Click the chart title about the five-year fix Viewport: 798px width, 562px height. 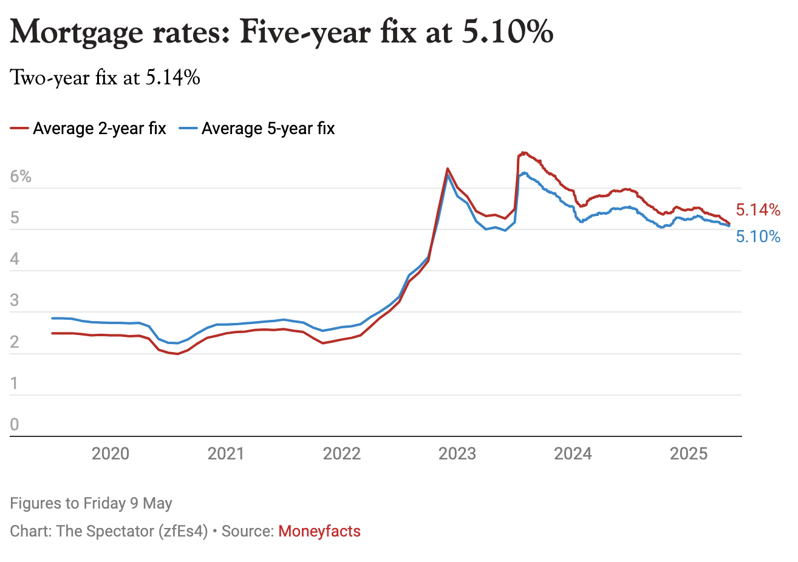(282, 32)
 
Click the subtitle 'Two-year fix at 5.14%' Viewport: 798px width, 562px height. (105, 78)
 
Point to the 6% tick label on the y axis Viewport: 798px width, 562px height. (21, 177)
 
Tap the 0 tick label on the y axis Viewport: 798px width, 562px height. (15, 425)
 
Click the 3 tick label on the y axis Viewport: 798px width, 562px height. (15, 301)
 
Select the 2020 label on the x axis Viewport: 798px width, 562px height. (111, 454)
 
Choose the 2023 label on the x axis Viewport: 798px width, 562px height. (457, 454)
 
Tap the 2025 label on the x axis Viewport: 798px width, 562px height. (689, 454)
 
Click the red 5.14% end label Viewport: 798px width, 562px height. (758, 210)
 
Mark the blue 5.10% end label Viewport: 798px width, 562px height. (758, 237)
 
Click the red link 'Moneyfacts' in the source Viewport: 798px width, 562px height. (319, 532)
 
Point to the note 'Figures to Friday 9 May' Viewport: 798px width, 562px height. (91, 504)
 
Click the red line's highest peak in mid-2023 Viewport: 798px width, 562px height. (523, 152)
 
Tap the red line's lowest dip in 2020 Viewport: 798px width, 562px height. (177, 354)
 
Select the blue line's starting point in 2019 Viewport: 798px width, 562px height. (53, 318)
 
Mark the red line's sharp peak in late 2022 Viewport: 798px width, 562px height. (448, 169)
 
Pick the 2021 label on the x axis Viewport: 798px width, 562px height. (226, 454)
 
